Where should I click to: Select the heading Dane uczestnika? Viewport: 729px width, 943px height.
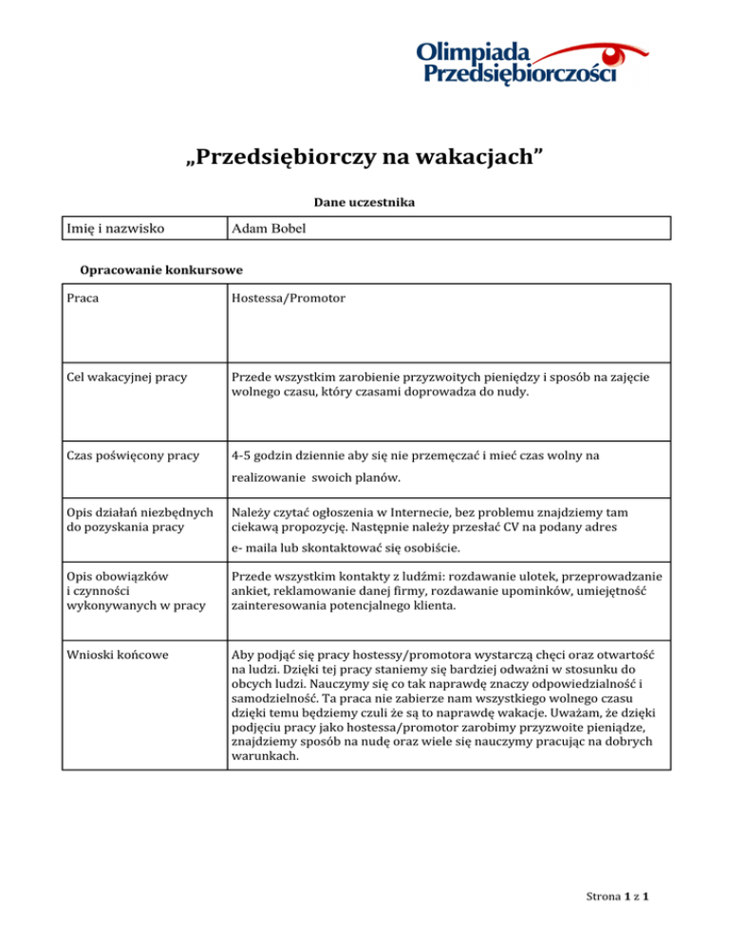364,202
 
